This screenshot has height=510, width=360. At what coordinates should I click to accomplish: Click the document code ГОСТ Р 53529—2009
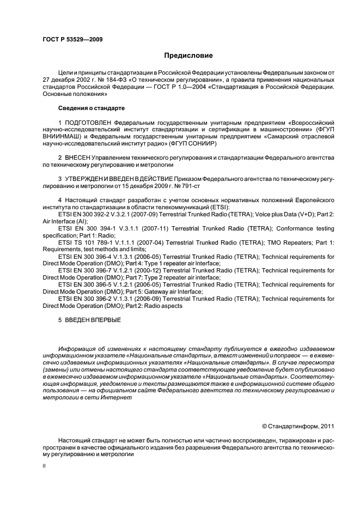tap(72, 39)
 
